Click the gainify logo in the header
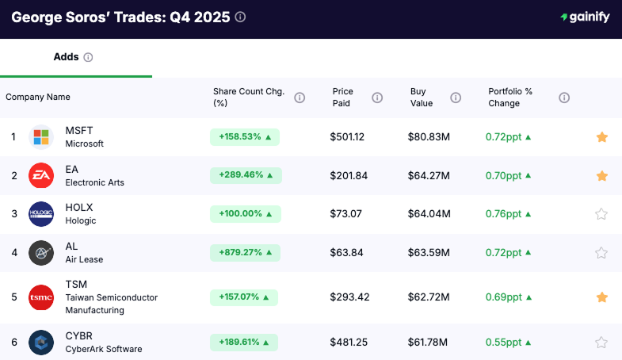(585, 17)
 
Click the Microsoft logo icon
(41, 137)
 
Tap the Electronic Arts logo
(41, 176)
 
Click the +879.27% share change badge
(245, 253)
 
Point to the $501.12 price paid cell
(347, 137)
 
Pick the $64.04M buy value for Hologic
(429, 214)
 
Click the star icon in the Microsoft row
(601, 137)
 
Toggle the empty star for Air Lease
(601, 253)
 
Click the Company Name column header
(38, 98)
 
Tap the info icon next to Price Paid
(377, 98)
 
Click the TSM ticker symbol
(76, 284)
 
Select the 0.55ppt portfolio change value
(503, 343)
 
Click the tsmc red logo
(41, 297)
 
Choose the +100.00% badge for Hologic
(245, 214)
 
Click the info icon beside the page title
(240, 17)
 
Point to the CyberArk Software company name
(104, 349)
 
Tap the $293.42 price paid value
(349, 297)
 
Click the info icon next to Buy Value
(456, 98)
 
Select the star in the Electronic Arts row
(601, 176)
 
